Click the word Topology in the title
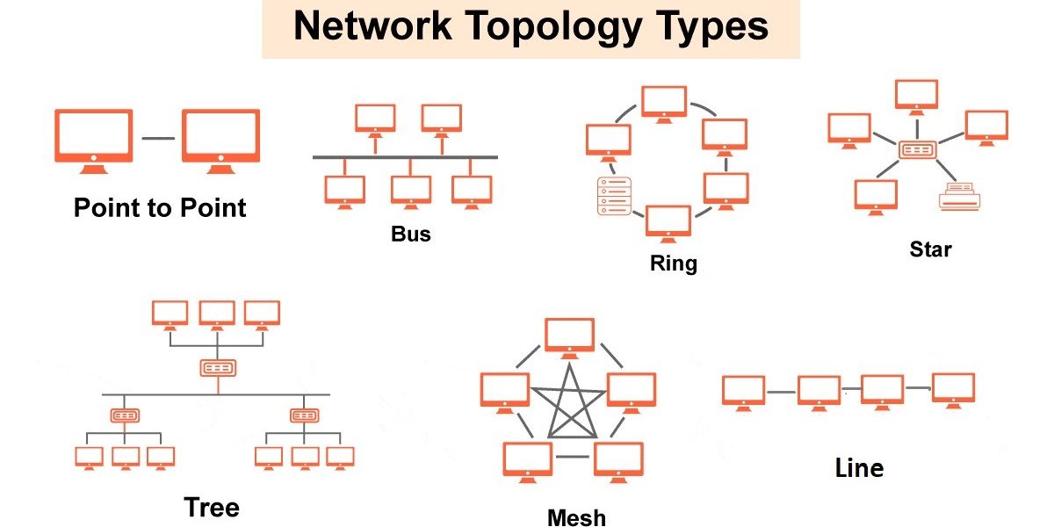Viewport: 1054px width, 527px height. pyautogui.click(x=554, y=28)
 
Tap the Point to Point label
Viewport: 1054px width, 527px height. pyautogui.click(x=160, y=207)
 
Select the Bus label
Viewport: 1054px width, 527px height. pyautogui.click(x=411, y=234)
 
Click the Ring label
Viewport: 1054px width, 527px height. pyautogui.click(x=674, y=263)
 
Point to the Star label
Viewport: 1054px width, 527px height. pyautogui.click(x=930, y=249)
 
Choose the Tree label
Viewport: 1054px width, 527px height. pyautogui.click(x=212, y=508)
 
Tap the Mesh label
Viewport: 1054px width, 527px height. pyautogui.click(x=577, y=517)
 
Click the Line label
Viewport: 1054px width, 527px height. pyautogui.click(x=859, y=468)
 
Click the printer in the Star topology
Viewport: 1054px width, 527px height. pyautogui.click(x=960, y=196)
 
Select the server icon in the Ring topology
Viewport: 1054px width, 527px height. pyautogui.click(x=614, y=196)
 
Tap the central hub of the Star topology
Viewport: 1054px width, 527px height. pyautogui.click(x=918, y=150)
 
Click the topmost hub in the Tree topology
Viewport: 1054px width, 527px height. pyautogui.click(x=218, y=368)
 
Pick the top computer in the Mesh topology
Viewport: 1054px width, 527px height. pyautogui.click(x=569, y=338)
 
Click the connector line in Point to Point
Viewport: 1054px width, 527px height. pyautogui.click(x=158, y=139)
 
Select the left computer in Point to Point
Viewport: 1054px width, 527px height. pyautogui.click(x=94, y=141)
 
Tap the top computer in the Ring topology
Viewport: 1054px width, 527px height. pyautogui.click(x=664, y=105)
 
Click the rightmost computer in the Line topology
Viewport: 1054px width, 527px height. pyautogui.click(x=953, y=391)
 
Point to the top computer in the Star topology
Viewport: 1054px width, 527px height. pyautogui.click(x=916, y=97)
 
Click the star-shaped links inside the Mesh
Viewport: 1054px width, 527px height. pyautogui.click(x=569, y=404)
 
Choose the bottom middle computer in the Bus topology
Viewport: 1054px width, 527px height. pyautogui.click(x=411, y=192)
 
